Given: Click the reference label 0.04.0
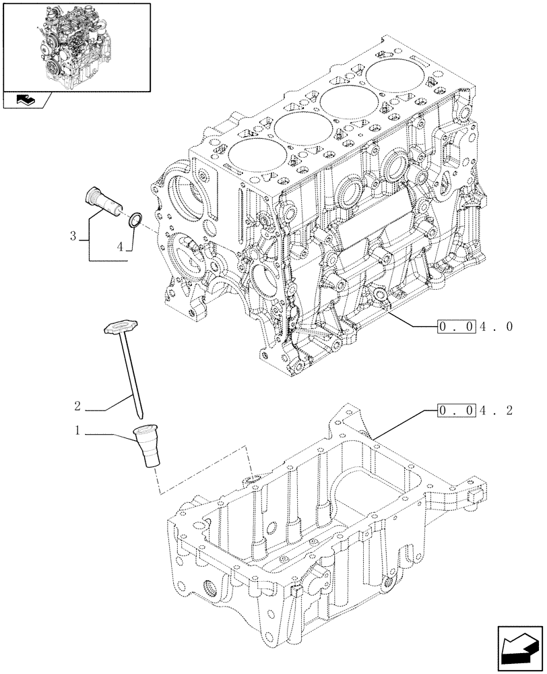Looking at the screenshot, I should pyautogui.click(x=475, y=328).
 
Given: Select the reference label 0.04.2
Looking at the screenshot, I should pyautogui.click(x=475, y=410).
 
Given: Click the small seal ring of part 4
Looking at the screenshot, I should pyautogui.click(x=135, y=218).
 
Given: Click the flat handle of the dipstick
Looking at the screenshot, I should pyautogui.click(x=120, y=327).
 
